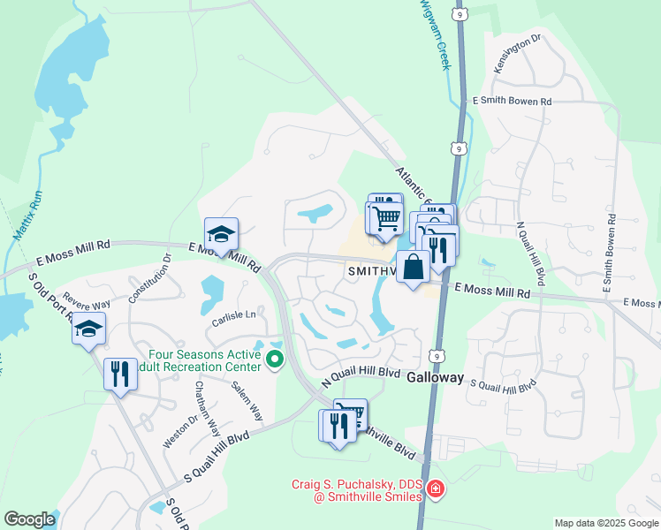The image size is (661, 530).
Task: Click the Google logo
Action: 29,519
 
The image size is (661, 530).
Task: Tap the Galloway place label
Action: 435,377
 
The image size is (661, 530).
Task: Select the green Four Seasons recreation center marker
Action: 275,360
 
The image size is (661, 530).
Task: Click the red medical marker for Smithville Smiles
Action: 435,488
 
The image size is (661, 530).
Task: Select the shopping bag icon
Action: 413,265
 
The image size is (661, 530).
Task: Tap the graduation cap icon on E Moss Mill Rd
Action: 221,233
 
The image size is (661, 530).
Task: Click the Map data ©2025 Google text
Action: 605,523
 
